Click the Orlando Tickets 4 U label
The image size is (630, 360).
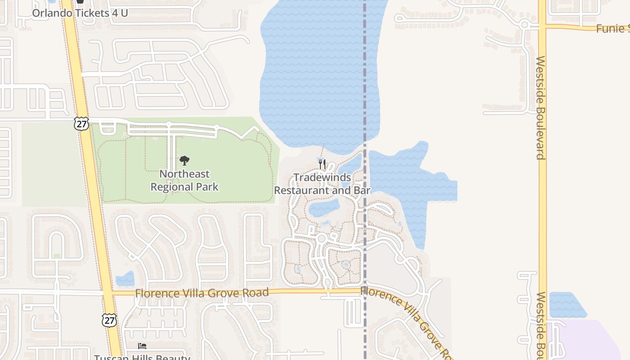point(80,13)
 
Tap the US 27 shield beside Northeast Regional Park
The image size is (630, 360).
point(81,124)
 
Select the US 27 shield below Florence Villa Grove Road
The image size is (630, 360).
point(109,320)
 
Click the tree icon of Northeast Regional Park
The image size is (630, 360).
point(184,160)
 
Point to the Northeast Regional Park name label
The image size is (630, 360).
point(184,180)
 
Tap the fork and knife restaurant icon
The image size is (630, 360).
point(322,164)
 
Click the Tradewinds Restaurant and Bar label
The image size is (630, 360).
point(322,184)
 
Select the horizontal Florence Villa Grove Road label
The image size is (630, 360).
point(202,293)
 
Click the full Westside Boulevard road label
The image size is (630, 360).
point(541,108)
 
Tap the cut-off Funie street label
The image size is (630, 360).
point(612,29)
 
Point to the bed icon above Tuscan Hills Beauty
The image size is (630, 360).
point(142,346)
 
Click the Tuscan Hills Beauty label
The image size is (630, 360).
point(142,357)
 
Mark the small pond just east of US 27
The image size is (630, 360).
point(125,279)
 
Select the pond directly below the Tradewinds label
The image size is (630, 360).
point(324,207)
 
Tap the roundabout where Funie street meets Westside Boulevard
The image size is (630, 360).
point(524,25)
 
